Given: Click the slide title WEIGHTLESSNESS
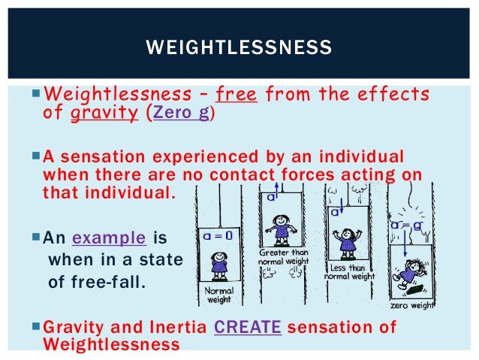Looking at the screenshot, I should pyautogui.click(x=239, y=49).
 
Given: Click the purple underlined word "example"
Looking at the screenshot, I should pyautogui.click(x=109, y=238).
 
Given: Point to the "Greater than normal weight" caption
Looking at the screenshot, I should pyautogui.click(x=283, y=257).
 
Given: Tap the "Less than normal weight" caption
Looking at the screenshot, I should pyautogui.click(x=348, y=271).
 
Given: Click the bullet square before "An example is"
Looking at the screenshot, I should pyautogui.click(x=38, y=239).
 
